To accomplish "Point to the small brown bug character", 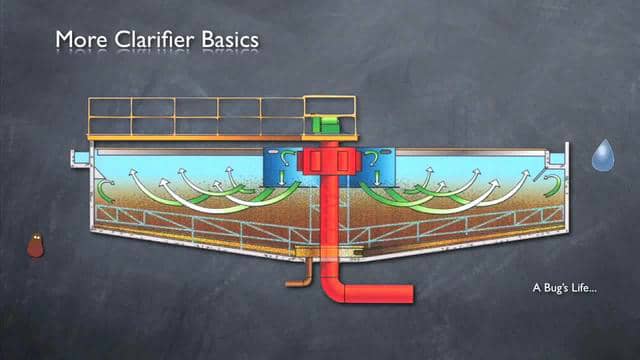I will pyautogui.click(x=35, y=245).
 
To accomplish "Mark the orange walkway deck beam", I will pyautogui.click(x=195, y=136).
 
